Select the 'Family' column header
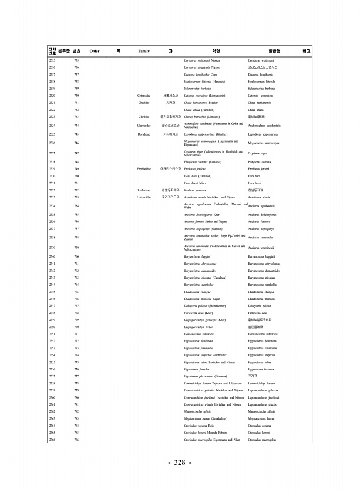pyautogui.click(x=143, y=51)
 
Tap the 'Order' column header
pyautogui.click(x=94, y=51)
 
